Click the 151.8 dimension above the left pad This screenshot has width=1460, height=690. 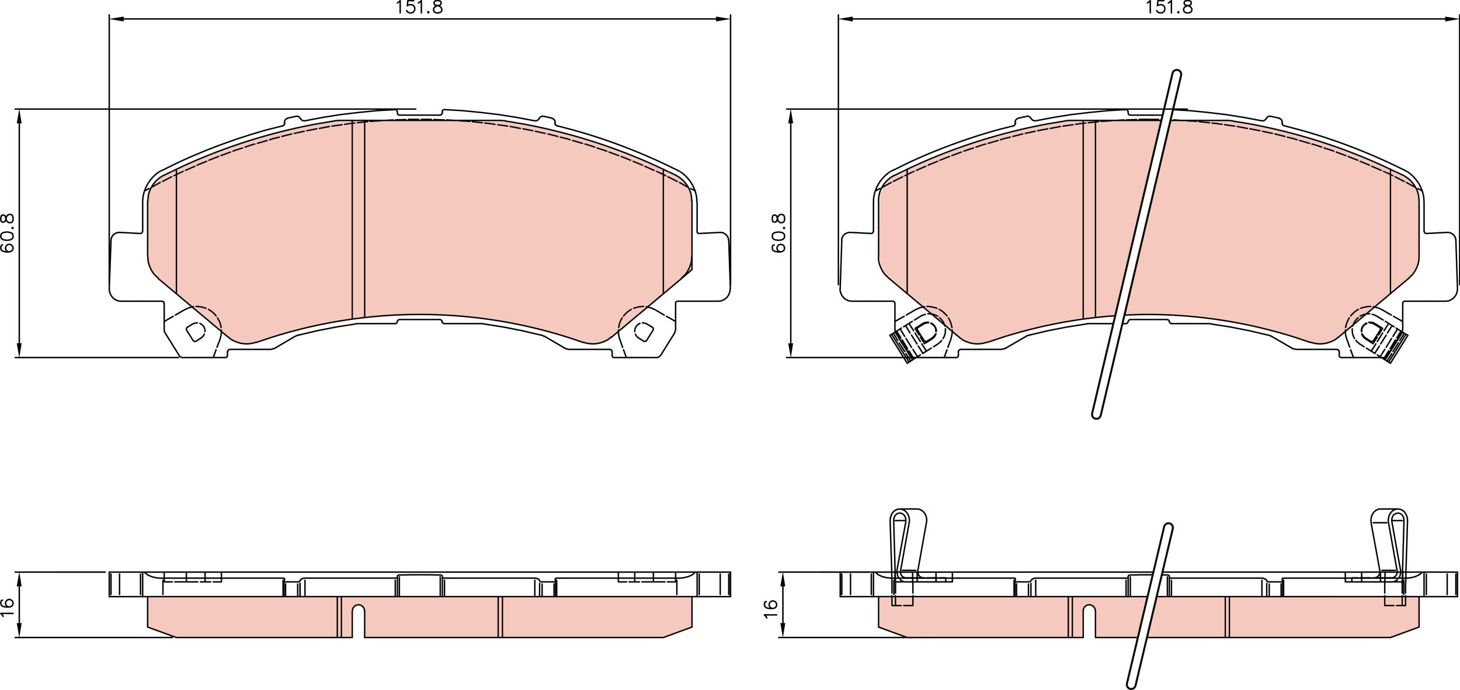click(x=419, y=8)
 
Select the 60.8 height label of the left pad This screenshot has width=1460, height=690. click(x=8, y=233)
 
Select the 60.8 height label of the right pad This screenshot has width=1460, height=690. click(x=778, y=233)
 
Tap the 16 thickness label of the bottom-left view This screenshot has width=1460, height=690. click(x=8, y=605)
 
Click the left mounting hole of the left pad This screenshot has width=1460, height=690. click(x=196, y=332)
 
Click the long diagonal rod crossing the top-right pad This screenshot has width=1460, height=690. click(x=1136, y=245)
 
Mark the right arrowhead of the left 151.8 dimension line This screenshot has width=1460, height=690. click(x=724, y=19)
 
